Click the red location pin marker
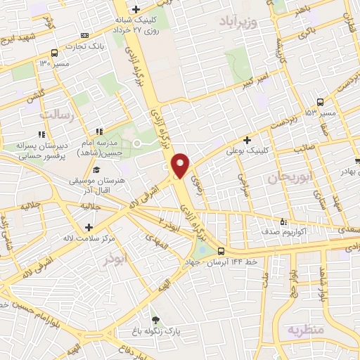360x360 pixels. tap(181, 165)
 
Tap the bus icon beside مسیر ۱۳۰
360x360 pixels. tap(55, 53)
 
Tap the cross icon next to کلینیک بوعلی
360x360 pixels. tap(247, 139)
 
